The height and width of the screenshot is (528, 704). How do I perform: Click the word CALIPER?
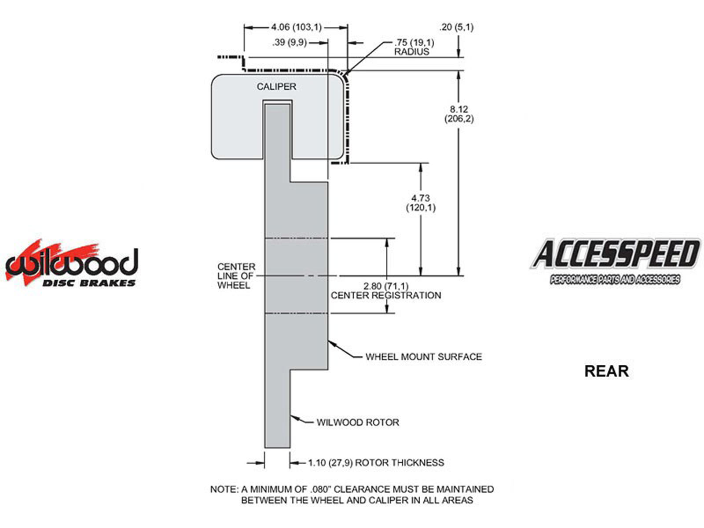coord(276,87)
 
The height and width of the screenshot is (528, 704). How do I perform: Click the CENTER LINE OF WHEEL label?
coord(236,276)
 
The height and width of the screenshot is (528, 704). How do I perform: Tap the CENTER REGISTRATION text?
coord(386,296)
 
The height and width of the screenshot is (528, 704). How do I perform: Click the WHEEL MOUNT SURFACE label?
coord(424,357)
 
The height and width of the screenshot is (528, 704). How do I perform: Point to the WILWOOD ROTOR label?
coord(358,422)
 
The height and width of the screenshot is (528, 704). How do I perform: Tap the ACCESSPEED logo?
coord(615,255)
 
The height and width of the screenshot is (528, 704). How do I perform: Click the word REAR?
coord(606,371)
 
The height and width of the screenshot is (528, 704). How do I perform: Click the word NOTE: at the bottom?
coord(224,489)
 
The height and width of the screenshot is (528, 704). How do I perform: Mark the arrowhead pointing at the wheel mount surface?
coord(330,342)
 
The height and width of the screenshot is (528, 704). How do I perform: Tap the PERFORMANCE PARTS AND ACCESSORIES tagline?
coord(615,280)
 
